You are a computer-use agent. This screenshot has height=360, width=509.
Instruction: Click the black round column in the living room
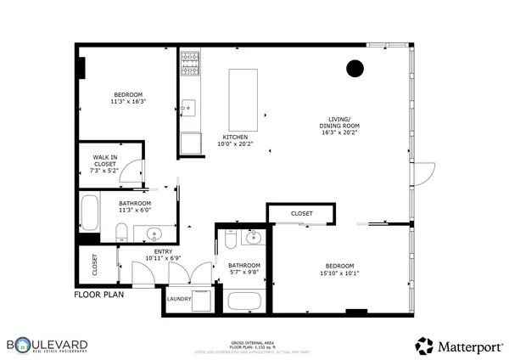click(x=355, y=69)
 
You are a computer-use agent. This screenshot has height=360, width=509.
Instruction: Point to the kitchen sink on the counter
click(x=187, y=108)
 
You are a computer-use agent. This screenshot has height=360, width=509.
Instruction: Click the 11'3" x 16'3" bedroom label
click(x=128, y=98)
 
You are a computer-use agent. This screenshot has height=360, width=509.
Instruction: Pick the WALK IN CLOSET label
click(x=105, y=164)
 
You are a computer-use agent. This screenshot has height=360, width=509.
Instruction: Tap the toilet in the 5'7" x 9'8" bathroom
click(x=230, y=242)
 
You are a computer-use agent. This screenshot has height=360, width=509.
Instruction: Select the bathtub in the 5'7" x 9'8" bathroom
click(x=246, y=301)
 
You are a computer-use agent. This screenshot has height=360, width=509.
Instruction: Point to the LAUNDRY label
click(x=179, y=299)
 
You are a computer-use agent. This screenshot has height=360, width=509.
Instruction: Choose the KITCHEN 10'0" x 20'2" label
click(x=235, y=140)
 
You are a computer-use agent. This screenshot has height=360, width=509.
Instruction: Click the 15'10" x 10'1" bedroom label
click(x=339, y=269)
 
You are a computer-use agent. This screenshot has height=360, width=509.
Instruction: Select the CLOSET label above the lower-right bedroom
click(x=301, y=213)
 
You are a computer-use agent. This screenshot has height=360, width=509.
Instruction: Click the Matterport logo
click(x=458, y=345)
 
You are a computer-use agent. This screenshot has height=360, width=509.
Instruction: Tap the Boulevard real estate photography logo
click(x=48, y=345)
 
